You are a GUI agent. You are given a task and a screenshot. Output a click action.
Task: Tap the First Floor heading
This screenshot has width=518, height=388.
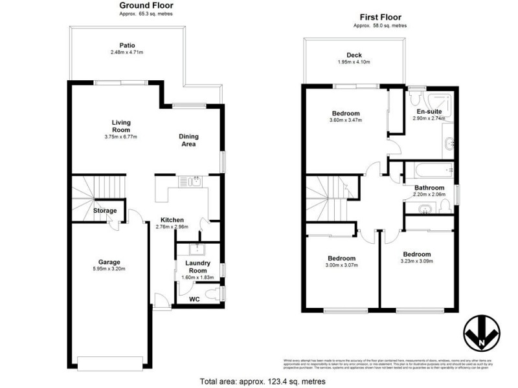click(381, 17)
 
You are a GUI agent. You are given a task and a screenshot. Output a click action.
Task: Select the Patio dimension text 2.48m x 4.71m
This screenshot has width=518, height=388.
click(127, 53)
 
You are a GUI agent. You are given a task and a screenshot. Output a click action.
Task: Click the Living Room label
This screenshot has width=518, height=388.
click(121, 125)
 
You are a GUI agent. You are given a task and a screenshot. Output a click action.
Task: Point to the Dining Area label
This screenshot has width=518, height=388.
click(189, 140)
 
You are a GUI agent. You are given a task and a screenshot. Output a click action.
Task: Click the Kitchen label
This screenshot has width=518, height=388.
click(172, 220)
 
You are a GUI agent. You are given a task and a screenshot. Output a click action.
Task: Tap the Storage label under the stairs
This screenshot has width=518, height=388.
click(105, 211)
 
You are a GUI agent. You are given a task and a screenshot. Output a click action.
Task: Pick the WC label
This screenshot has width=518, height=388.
click(194, 299)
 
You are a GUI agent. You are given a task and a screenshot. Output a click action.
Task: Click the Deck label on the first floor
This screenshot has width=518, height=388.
click(354, 56)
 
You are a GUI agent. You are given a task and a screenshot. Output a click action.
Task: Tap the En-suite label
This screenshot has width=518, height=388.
click(429, 112)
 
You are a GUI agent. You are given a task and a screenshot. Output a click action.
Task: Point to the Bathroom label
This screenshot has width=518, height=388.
click(428, 188)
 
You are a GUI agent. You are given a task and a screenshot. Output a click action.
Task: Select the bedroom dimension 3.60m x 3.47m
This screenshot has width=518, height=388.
click(346, 120)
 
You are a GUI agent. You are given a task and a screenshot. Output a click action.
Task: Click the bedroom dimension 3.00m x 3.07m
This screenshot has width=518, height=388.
click(341, 264)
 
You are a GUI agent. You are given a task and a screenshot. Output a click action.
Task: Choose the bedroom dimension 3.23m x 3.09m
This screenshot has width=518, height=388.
click(416, 261)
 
